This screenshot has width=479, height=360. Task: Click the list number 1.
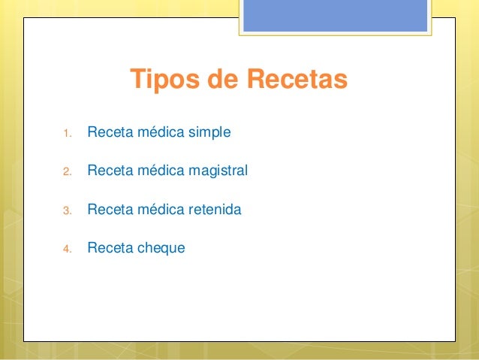(66, 135)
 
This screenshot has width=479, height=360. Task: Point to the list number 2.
(66, 173)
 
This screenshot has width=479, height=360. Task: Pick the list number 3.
(66, 211)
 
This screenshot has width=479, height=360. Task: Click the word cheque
(159, 247)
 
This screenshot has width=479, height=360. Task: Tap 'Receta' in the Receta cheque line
(108, 247)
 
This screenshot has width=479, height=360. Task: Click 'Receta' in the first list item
(108, 133)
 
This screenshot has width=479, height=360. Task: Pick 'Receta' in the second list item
(108, 171)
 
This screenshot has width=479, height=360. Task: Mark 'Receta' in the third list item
(108, 210)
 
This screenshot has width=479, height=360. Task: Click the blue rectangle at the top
(335, 15)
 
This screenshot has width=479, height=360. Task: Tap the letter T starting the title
(137, 79)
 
